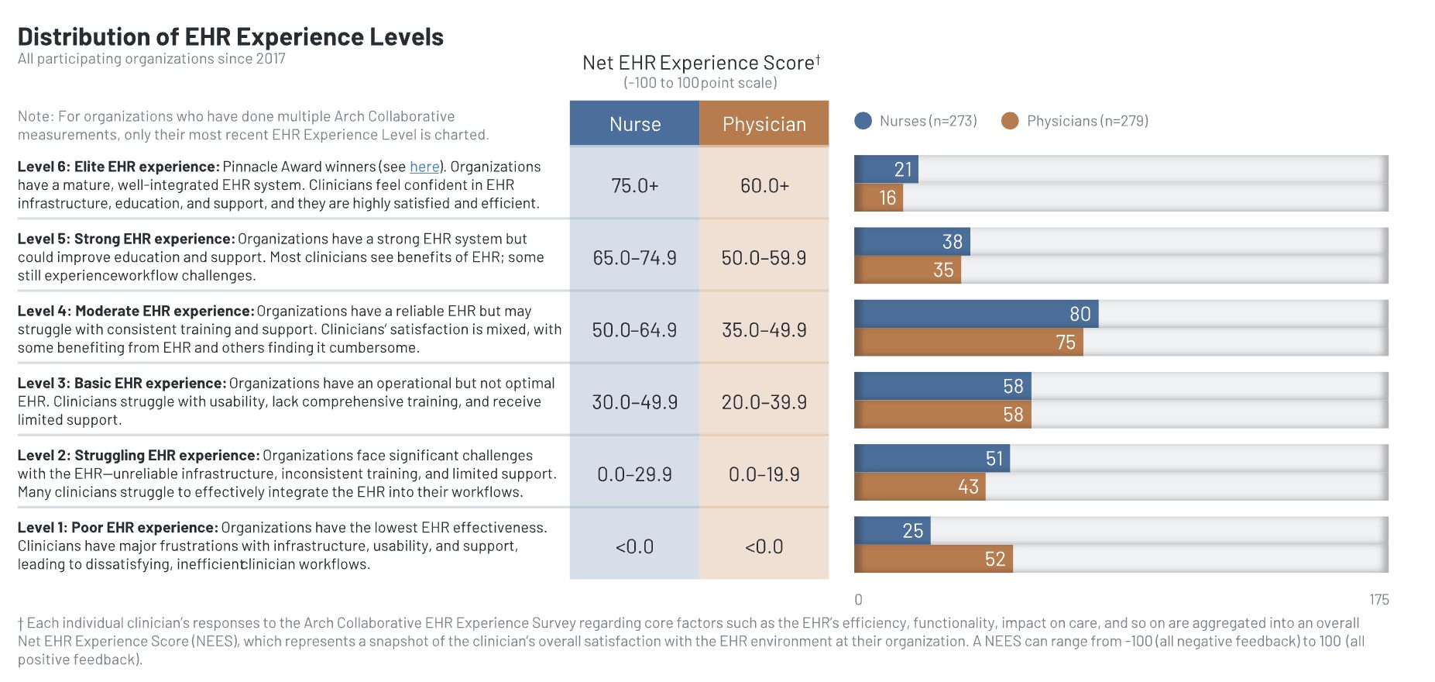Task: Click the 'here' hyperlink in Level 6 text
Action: (x=424, y=167)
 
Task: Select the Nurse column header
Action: (x=635, y=124)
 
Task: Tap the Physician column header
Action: (x=764, y=124)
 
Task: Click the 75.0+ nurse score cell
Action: (x=635, y=186)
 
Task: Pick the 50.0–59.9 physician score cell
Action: (x=764, y=258)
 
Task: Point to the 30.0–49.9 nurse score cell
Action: (x=635, y=402)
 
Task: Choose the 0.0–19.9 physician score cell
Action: (x=764, y=474)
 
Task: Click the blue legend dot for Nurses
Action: (x=863, y=121)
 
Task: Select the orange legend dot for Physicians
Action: (x=1010, y=121)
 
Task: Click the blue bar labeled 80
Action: (x=976, y=314)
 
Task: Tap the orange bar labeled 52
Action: (x=933, y=559)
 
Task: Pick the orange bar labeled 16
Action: (x=878, y=198)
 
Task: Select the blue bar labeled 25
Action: (x=892, y=531)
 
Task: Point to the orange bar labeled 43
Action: (x=919, y=487)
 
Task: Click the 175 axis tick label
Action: (x=1378, y=600)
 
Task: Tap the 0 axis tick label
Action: (x=858, y=600)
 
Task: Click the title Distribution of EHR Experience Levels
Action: (x=230, y=36)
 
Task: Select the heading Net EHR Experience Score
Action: (x=699, y=63)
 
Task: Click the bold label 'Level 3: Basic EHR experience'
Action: (x=122, y=384)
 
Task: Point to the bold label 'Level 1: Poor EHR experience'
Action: (x=118, y=528)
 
